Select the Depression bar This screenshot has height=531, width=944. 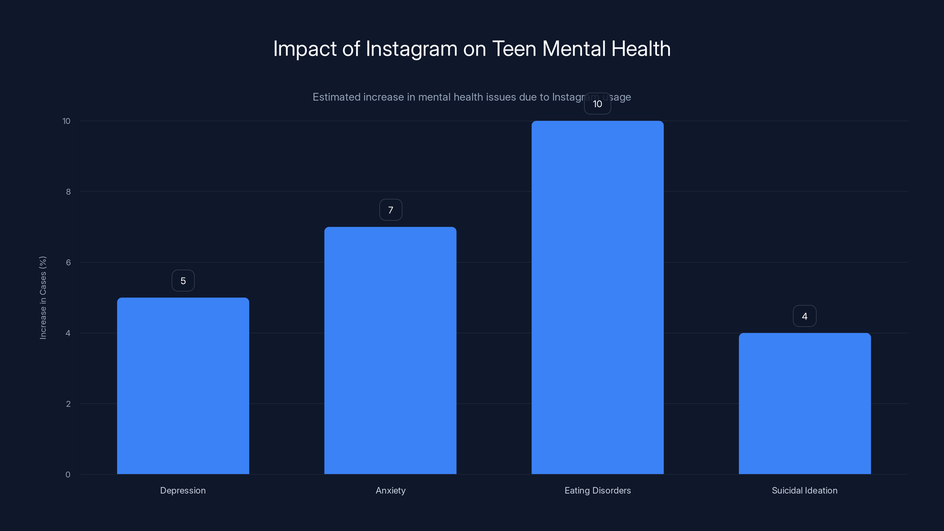click(x=183, y=386)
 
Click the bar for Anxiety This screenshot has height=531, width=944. click(x=390, y=350)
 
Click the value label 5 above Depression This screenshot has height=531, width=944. click(x=183, y=281)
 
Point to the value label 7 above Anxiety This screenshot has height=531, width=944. click(x=390, y=210)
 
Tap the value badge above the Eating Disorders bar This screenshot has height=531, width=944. click(x=597, y=104)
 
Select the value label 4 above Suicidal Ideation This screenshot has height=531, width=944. click(x=804, y=316)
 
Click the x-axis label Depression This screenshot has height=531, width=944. click(x=183, y=490)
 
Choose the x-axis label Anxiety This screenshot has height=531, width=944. click(x=390, y=490)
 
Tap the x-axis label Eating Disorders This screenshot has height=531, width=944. click(x=597, y=490)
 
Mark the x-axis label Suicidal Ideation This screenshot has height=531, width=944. click(x=804, y=490)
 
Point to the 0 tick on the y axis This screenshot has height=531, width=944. click(x=68, y=475)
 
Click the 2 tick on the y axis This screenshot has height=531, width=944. click(x=68, y=404)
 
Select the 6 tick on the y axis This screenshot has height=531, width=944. click(x=68, y=262)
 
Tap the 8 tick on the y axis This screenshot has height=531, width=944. click(x=68, y=192)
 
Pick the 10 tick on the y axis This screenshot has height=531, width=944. click(x=66, y=121)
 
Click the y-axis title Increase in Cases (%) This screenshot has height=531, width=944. click(x=43, y=298)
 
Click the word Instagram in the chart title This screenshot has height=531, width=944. click(x=411, y=49)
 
